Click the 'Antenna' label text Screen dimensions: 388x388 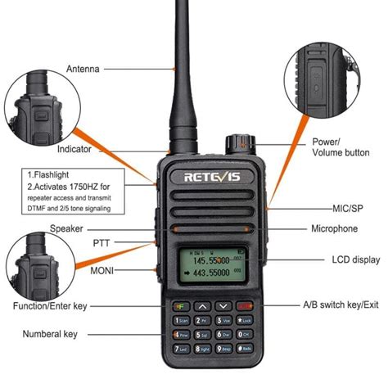pyautogui.click(x=83, y=70)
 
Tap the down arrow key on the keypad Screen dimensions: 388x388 pyautogui.click(x=222, y=306)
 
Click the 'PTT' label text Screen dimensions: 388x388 pyautogui.click(x=102, y=242)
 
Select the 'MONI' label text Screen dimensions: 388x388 pyautogui.click(x=102, y=270)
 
